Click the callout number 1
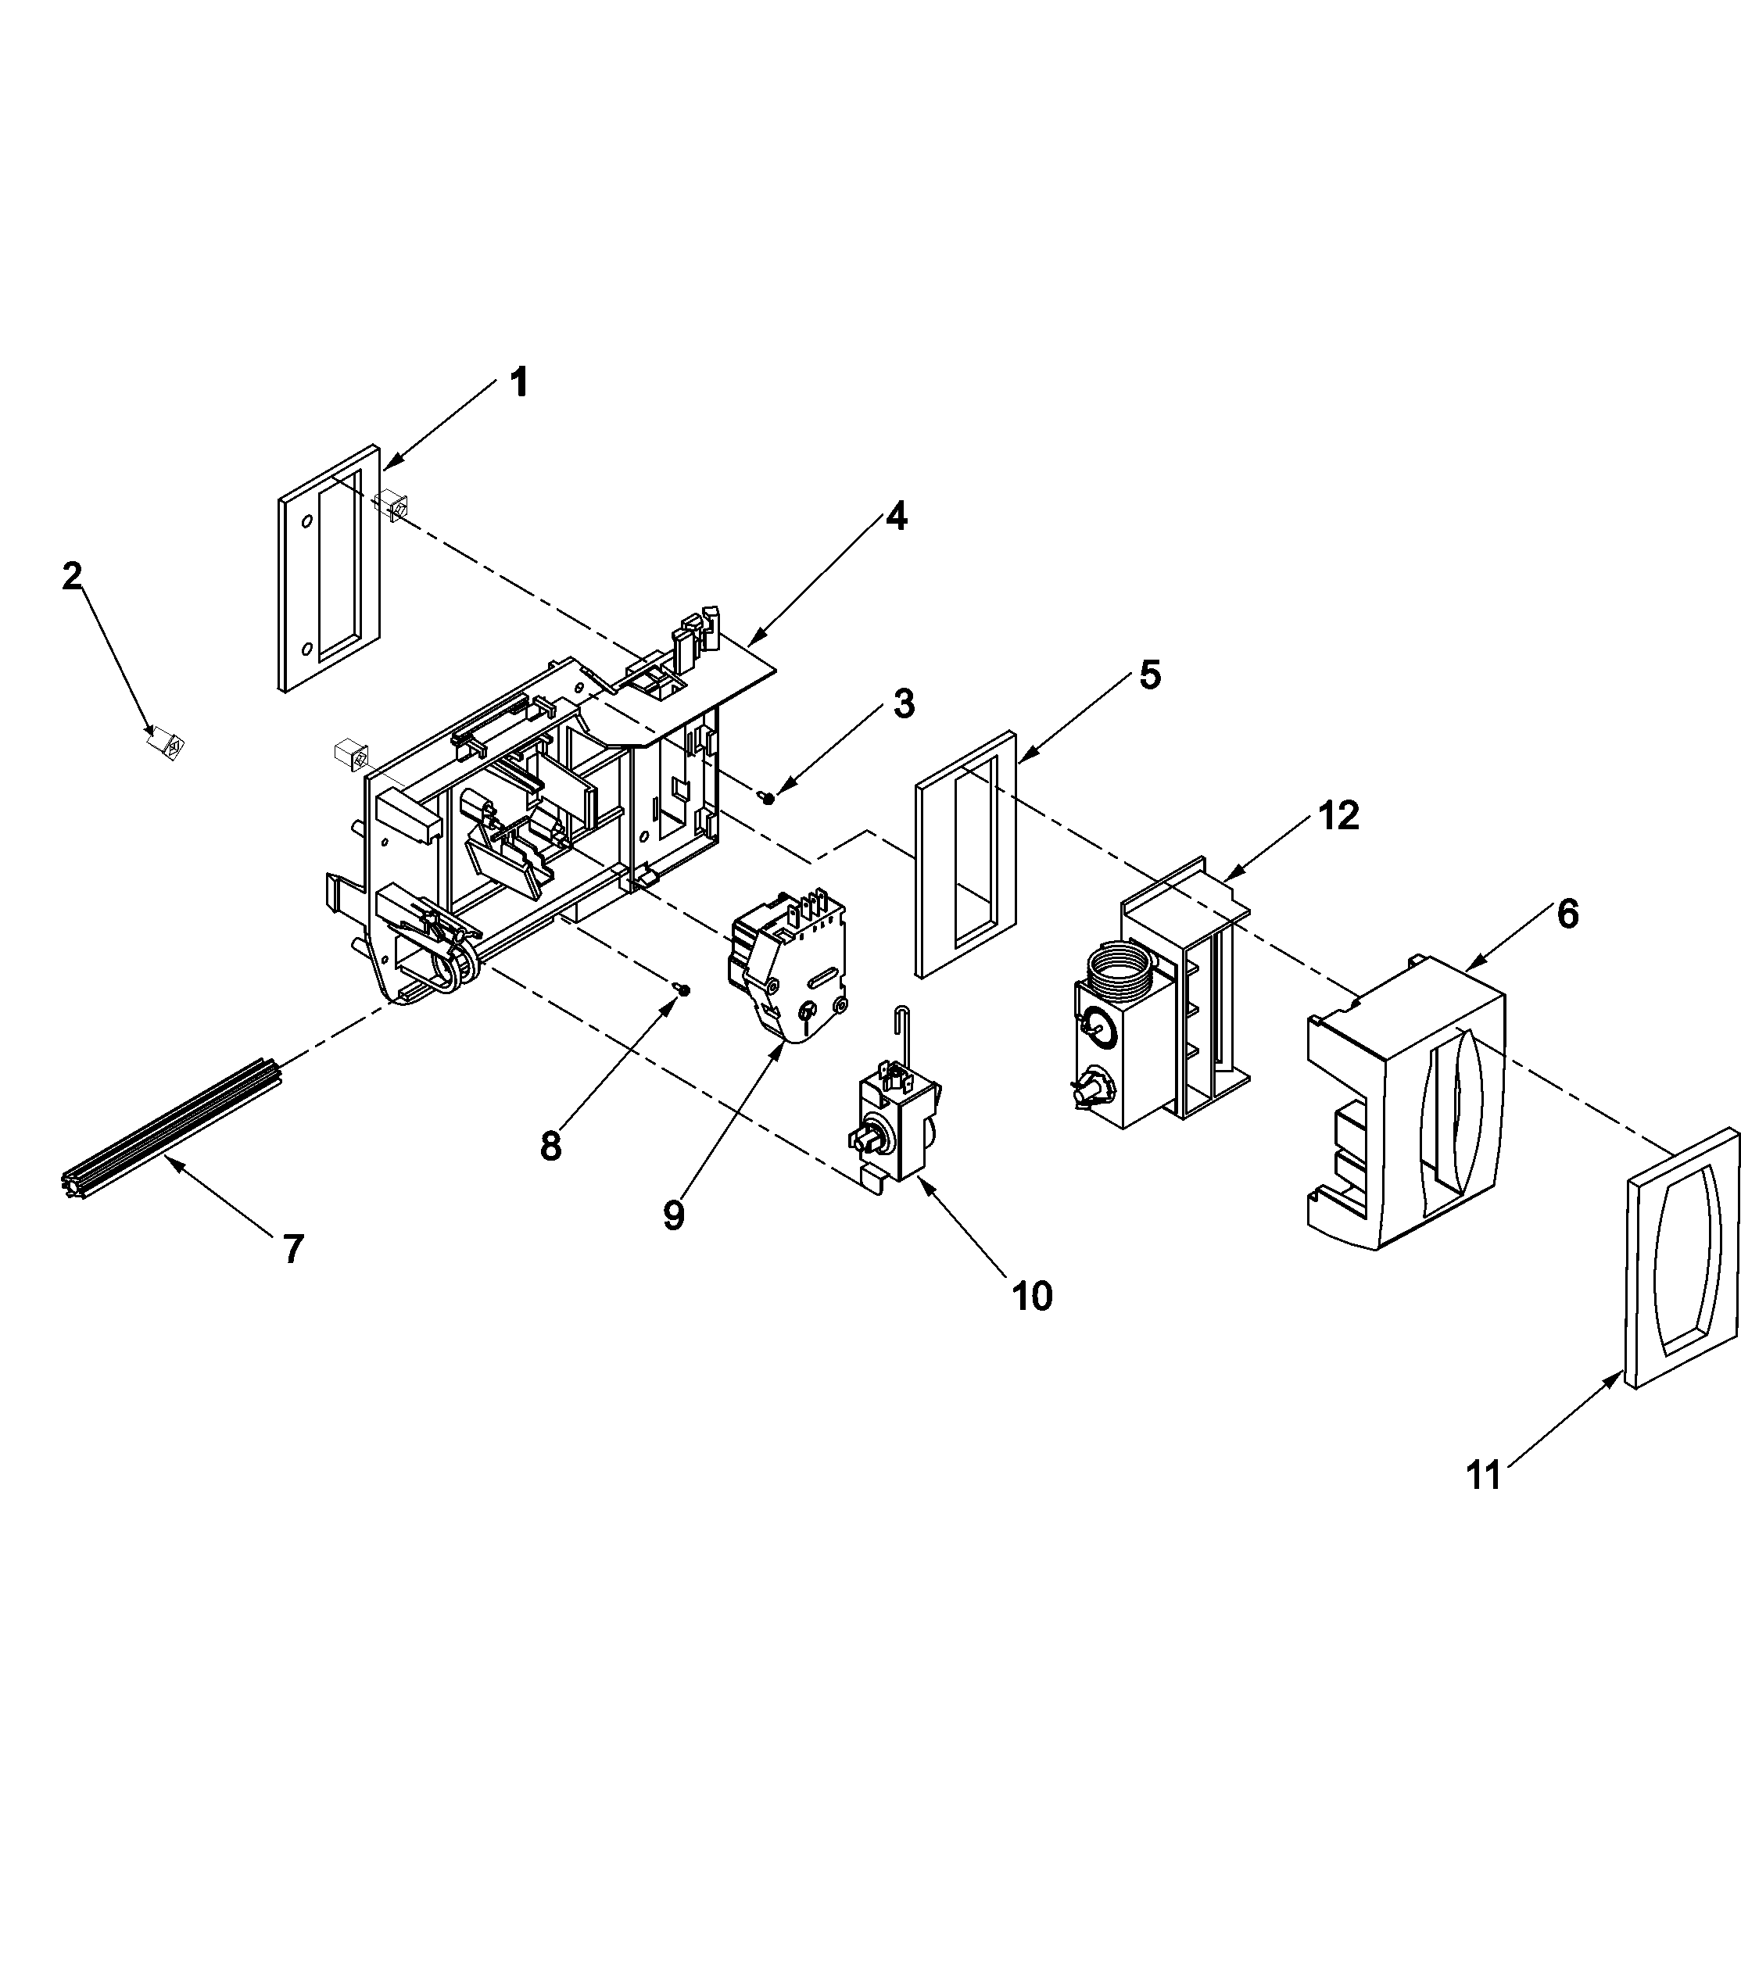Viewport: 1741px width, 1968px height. point(519,383)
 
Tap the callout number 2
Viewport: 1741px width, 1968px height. point(72,577)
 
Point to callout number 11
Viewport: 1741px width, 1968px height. point(1483,1475)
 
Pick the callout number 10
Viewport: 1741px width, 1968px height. point(1031,1297)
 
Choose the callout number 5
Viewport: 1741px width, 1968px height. point(1150,675)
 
